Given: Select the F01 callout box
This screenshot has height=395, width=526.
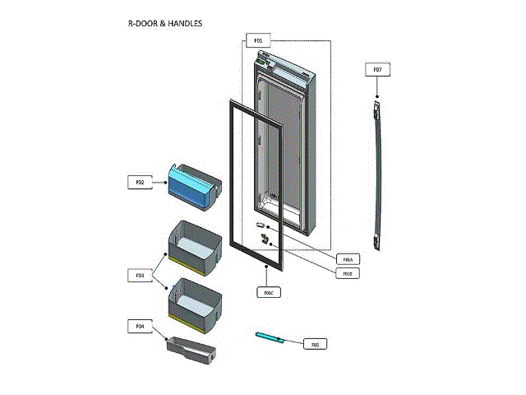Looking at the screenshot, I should point(257,40).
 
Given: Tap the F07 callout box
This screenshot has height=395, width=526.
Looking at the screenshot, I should point(377,70).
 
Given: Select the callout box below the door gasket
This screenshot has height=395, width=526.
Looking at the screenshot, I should point(268,292).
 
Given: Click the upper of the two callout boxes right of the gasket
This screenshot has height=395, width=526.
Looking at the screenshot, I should point(348,258).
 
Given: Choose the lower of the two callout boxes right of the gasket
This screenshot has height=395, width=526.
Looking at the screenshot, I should point(348,272).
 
